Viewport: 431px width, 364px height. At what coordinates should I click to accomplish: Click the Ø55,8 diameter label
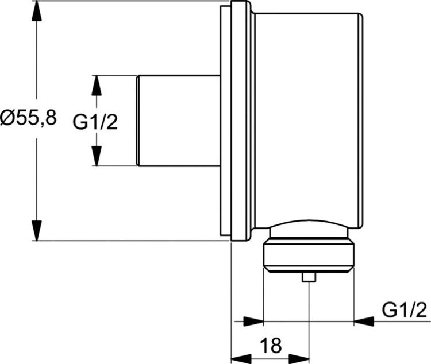click(x=28, y=119)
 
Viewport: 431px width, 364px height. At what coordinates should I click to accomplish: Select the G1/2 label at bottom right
click(x=405, y=310)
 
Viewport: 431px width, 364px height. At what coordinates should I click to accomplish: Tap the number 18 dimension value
click(x=270, y=346)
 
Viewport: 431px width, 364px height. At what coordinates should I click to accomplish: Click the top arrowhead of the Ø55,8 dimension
click(x=37, y=11)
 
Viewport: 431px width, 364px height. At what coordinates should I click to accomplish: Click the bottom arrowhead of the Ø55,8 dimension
click(x=37, y=230)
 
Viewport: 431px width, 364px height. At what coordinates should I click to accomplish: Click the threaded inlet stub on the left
click(x=178, y=121)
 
